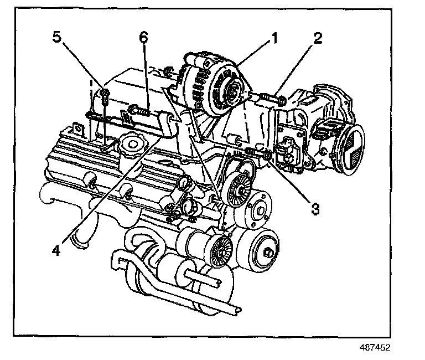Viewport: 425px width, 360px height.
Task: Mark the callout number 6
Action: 143,37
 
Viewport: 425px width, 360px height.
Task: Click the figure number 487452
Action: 376,349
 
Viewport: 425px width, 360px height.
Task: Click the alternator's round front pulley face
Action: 229,89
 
